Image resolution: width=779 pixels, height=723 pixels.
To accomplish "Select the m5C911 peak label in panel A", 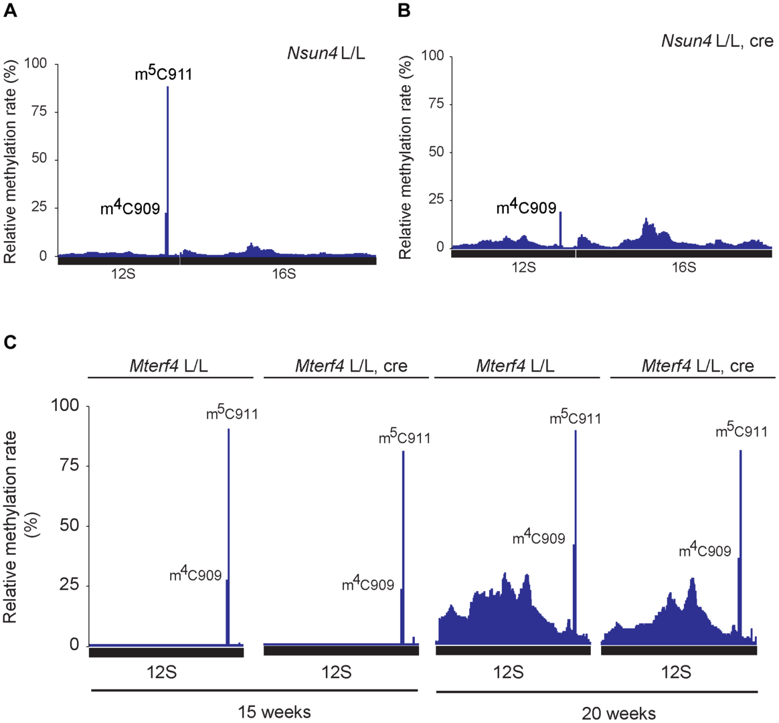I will [x=163, y=74].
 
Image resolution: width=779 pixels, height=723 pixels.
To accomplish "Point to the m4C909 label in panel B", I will [x=526, y=208].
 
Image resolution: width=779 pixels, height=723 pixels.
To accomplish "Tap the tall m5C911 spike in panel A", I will [x=167, y=167].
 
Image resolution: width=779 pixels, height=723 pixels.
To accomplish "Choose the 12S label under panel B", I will [x=523, y=267].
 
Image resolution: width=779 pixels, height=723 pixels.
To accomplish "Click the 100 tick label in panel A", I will [x=36, y=64].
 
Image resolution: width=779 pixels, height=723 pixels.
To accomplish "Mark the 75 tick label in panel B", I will [x=436, y=104].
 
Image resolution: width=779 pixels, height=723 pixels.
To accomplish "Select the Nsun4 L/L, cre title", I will [x=717, y=41].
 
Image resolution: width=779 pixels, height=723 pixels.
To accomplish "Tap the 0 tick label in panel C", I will [x=74, y=645].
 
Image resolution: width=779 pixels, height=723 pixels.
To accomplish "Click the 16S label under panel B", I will [x=683, y=267].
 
